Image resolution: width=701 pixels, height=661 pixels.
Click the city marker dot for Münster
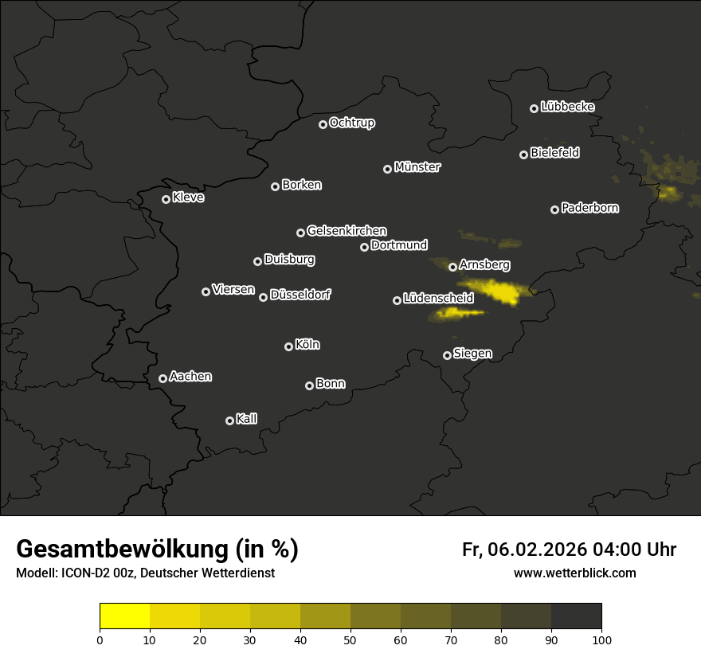[388, 169]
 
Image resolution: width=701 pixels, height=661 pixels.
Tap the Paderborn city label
[590, 208]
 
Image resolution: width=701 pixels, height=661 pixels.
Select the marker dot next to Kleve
[166, 199]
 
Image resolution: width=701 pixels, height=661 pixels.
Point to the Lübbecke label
[567, 107]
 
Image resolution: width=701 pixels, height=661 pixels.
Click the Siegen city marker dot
[448, 355]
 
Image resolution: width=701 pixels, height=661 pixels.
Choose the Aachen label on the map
[190, 377]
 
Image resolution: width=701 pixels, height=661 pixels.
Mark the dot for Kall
[230, 420]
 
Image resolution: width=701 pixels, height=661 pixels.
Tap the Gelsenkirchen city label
[347, 231]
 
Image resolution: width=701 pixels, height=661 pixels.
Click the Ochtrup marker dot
[323, 124]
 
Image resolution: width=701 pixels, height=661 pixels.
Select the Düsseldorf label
[300, 295]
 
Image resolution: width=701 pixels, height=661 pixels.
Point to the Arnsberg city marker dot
[453, 267]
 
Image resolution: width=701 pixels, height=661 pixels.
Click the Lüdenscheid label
[438, 299]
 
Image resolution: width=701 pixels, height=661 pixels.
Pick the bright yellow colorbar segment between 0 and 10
[125, 616]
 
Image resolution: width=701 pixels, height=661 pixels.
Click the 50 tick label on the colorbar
[350, 639]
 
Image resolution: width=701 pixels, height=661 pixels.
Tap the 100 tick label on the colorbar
[601, 639]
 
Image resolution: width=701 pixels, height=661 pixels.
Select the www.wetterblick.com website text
[575, 573]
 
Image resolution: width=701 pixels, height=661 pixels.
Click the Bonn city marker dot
[310, 385]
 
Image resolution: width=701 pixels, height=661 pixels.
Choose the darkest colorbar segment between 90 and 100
[576, 616]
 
